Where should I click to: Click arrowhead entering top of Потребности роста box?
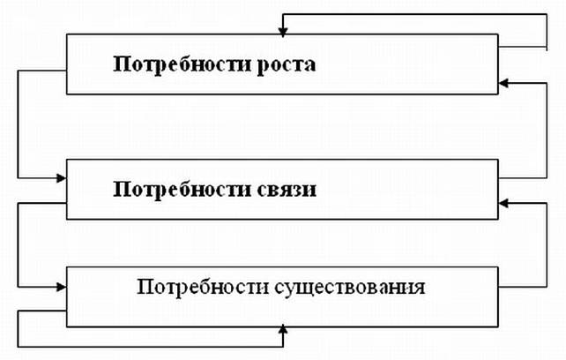pos(282,32)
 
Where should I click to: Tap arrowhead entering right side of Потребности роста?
pos(503,84)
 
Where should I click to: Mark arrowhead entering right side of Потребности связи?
pos(503,203)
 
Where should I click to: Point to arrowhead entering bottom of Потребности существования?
pos(282,328)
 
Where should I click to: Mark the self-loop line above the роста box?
pos(414,14)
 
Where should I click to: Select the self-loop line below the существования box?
pos(150,345)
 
